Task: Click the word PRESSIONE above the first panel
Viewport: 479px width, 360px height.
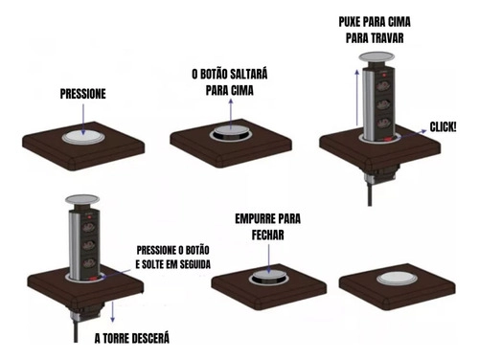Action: (83, 94)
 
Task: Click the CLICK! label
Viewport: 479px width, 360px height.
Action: (443, 127)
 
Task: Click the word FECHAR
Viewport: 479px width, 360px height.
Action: (267, 236)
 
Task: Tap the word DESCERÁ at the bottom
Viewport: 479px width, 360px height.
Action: (150, 338)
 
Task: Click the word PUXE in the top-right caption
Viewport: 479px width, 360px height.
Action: (350, 22)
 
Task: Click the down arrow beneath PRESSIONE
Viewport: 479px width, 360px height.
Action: (83, 120)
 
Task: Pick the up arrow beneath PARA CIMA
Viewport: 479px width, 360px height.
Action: (231, 114)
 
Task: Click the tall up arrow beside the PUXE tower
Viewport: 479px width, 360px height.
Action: (357, 98)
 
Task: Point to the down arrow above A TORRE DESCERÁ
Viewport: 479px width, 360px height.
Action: (112, 312)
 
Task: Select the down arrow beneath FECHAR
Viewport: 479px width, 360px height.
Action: (268, 259)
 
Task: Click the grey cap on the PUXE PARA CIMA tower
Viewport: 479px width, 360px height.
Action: (376, 57)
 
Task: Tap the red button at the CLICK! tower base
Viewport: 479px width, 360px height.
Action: (388, 139)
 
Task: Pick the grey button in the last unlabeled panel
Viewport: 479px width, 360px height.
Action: (397, 279)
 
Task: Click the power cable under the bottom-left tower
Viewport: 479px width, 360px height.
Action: (76, 332)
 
